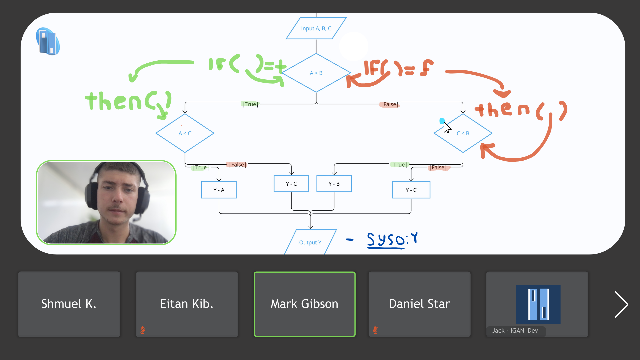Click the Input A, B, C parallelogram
point(316,28)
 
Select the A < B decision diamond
point(316,73)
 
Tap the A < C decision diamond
point(185,133)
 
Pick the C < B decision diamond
point(463,133)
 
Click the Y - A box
point(219,190)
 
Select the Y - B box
point(334,184)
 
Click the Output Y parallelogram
point(310,242)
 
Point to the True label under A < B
point(250,104)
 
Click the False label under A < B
point(389,104)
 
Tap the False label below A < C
point(237,165)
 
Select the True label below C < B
point(399,165)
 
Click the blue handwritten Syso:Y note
point(392,240)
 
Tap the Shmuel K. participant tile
point(69,304)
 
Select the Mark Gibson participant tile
point(304,304)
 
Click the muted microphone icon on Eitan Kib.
point(143,330)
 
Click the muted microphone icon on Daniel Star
point(375,330)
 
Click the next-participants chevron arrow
point(621,304)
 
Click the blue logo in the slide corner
point(48,42)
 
